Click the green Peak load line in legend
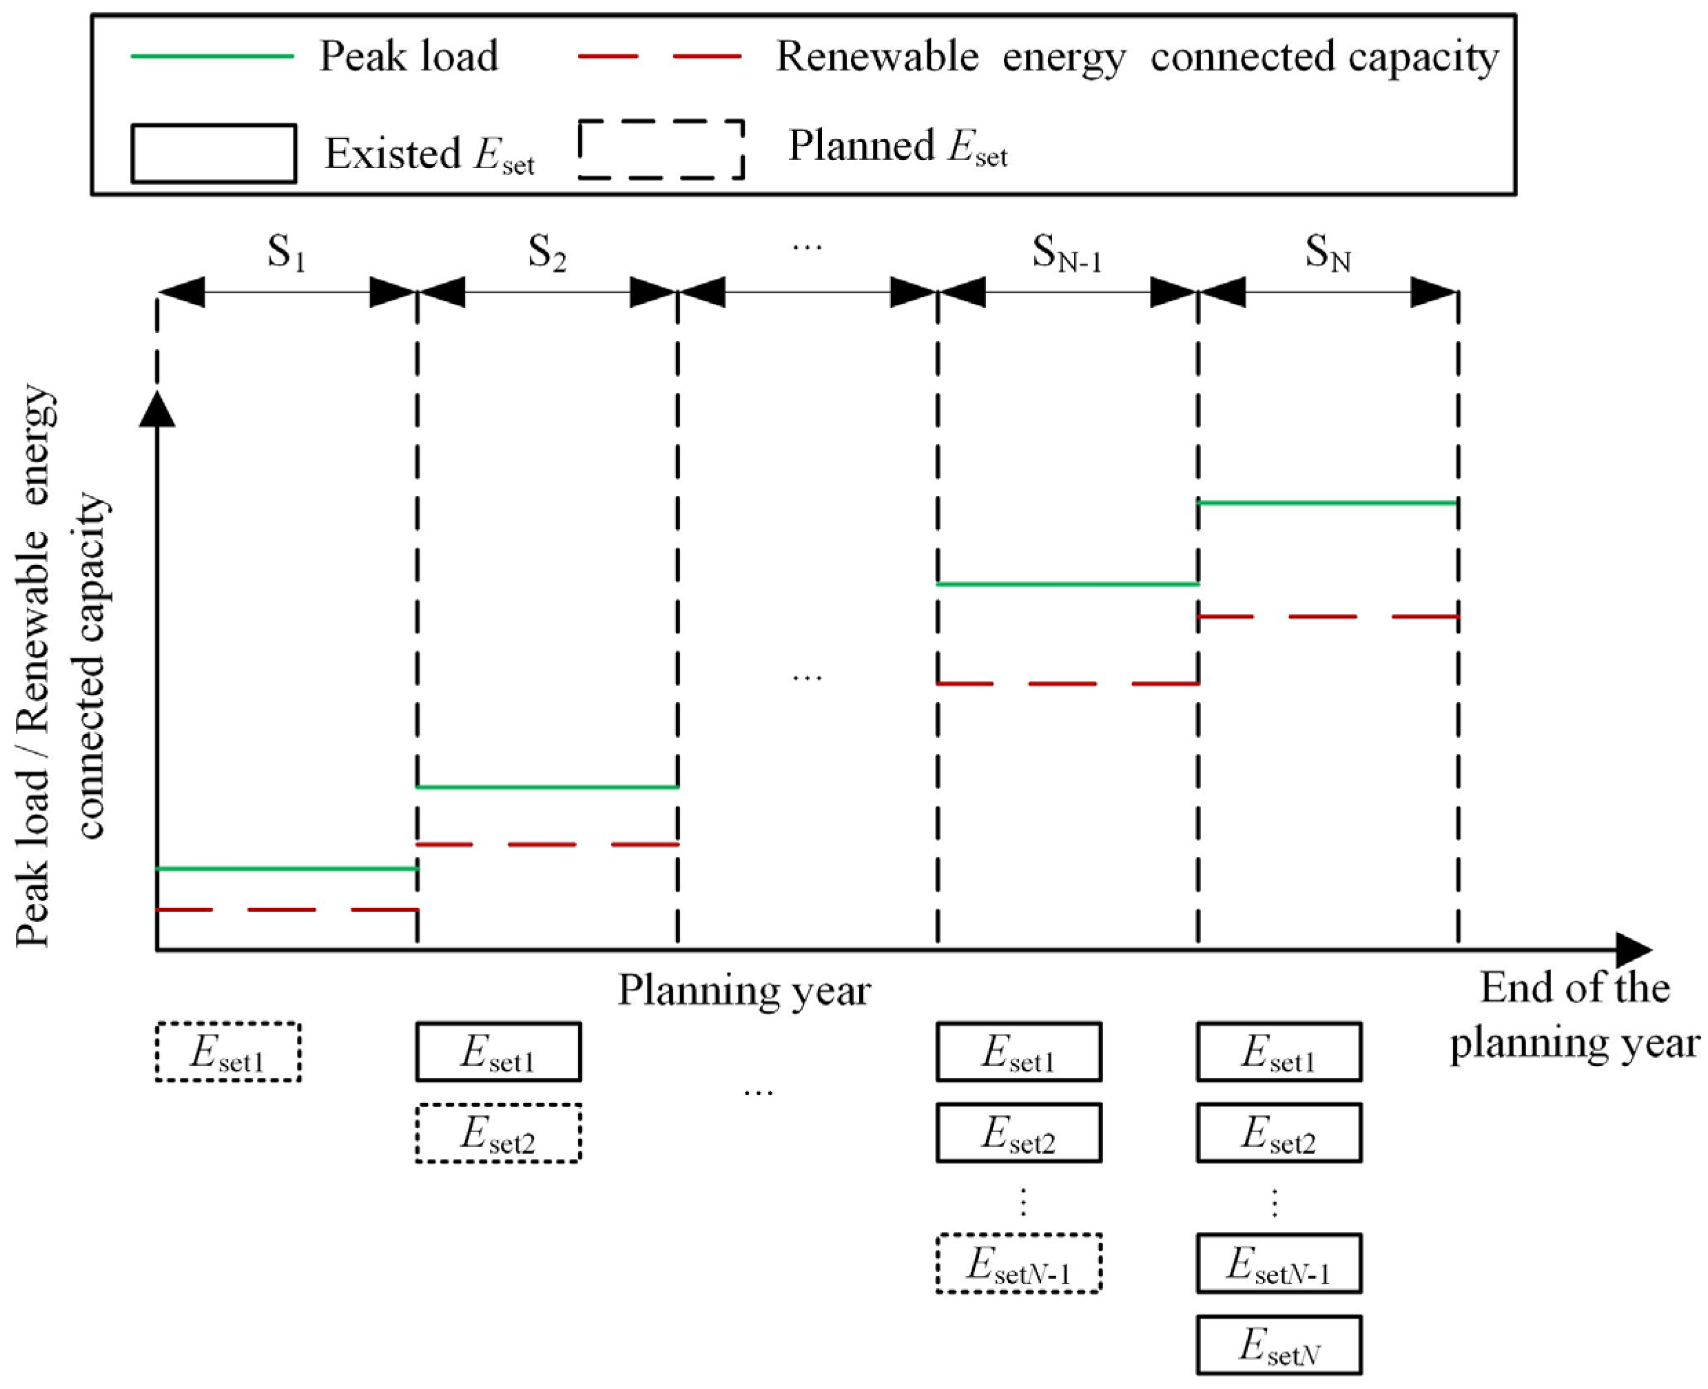click(212, 56)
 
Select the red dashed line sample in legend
click(660, 56)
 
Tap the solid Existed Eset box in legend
click(214, 153)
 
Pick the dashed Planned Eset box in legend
click(661, 149)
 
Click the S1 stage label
click(287, 254)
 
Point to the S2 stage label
click(547, 254)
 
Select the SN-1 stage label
click(1067, 254)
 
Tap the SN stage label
click(1328, 254)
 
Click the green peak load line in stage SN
click(1328, 502)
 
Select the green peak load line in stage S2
click(547, 787)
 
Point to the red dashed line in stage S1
click(287, 909)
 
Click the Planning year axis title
click(744, 991)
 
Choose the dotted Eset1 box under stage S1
click(228, 1051)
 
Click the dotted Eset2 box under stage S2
click(497, 1133)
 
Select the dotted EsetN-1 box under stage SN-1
click(1018, 1264)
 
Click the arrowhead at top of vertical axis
click(158, 408)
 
